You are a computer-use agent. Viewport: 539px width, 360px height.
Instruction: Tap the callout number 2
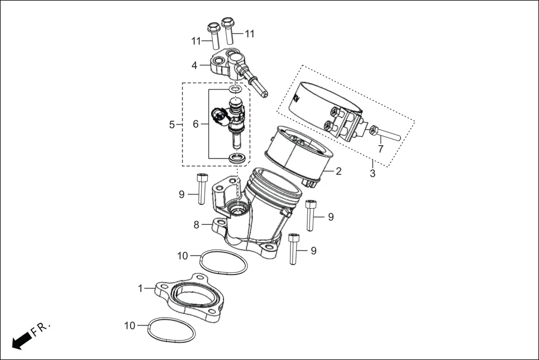[x=338, y=171]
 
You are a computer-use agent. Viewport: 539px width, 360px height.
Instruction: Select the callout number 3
[x=373, y=173]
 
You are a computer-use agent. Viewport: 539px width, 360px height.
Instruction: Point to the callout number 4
[x=194, y=65]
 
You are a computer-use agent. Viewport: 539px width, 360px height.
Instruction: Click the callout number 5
[x=172, y=124]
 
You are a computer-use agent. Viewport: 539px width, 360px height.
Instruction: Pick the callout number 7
[x=380, y=149]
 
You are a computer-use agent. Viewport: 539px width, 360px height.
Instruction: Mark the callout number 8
[x=197, y=225]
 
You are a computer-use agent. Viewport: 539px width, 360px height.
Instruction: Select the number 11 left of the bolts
[x=196, y=41]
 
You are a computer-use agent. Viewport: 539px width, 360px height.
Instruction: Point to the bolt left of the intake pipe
[x=202, y=189]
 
